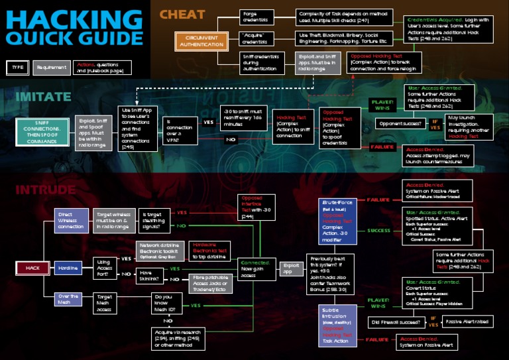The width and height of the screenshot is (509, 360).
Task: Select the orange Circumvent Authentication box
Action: (x=197, y=41)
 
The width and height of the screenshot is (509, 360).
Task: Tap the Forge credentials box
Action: (x=256, y=17)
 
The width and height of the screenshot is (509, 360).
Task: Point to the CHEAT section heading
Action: (x=182, y=14)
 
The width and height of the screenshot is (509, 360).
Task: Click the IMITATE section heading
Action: (x=43, y=97)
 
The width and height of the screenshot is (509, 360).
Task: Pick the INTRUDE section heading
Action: (x=45, y=190)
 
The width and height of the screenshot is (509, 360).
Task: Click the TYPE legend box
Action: (x=17, y=67)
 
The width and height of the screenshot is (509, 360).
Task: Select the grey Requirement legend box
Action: (x=51, y=67)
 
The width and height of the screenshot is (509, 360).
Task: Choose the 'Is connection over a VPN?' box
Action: (x=179, y=131)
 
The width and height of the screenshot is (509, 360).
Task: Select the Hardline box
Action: (x=67, y=268)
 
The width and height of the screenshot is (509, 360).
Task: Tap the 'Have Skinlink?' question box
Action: (x=150, y=274)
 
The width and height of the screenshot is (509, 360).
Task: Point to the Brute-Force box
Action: (x=338, y=221)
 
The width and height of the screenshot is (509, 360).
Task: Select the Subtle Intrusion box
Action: (x=338, y=324)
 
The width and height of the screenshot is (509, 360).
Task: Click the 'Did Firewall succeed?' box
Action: (x=396, y=322)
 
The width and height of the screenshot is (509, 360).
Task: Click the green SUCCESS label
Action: (x=378, y=231)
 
